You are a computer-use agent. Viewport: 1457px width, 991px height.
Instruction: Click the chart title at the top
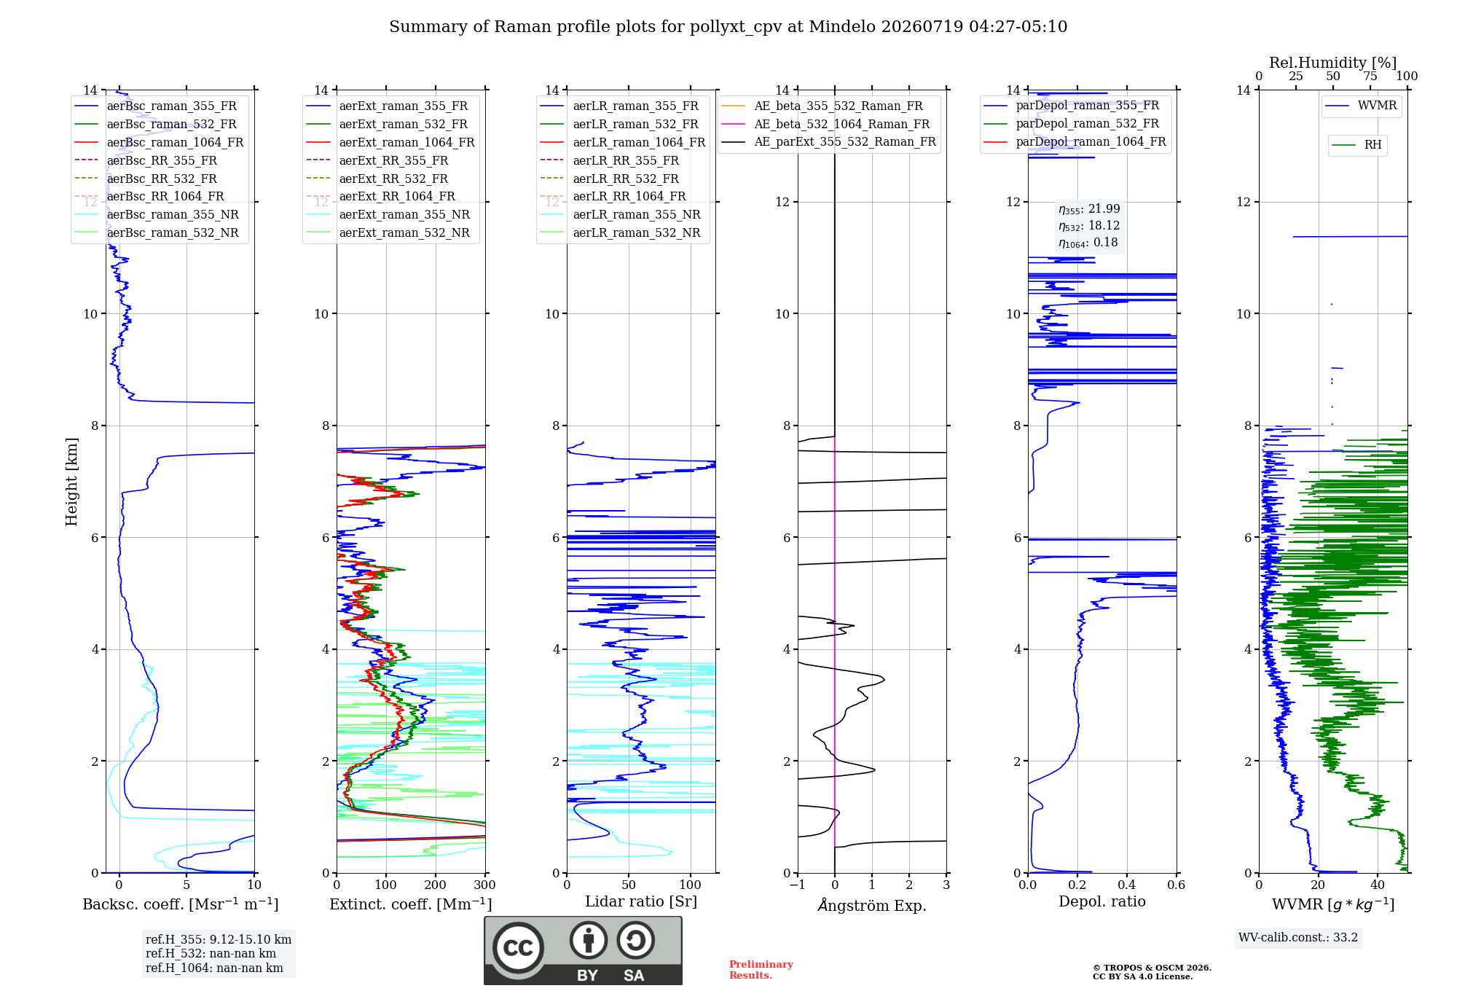[x=728, y=27]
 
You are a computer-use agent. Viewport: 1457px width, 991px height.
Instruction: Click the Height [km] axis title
[x=71, y=482]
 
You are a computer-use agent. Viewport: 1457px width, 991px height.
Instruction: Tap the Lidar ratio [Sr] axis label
[x=641, y=901]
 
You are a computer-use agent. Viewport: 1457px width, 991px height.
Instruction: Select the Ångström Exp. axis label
[x=872, y=905]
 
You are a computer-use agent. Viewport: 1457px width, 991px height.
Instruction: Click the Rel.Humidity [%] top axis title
[x=1333, y=63]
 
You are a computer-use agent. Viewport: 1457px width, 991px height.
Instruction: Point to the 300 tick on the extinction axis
[x=484, y=885]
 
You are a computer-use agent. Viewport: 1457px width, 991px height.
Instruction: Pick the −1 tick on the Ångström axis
[x=798, y=885]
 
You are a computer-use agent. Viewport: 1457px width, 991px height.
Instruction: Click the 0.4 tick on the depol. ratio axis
[x=1127, y=885]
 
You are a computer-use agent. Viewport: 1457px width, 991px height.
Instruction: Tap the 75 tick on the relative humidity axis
[x=1370, y=77]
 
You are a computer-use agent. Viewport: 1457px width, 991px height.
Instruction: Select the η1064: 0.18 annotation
[x=1088, y=243]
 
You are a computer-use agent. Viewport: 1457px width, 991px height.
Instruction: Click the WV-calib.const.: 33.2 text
[x=1298, y=937]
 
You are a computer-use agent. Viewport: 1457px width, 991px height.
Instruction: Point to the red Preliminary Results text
[x=761, y=970]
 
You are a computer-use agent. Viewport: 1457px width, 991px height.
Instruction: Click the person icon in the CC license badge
[x=589, y=940]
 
